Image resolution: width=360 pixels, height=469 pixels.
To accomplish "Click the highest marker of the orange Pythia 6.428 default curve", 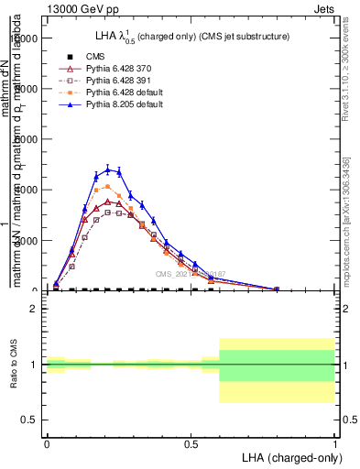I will pyautogui.click(x=107, y=186).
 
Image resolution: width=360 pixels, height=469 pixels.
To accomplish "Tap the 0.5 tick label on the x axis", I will pyautogui.click(x=191, y=443).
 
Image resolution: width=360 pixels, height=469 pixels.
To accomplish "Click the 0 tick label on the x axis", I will pyautogui.click(x=46, y=443).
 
